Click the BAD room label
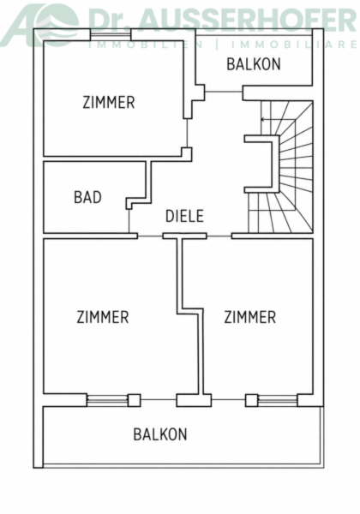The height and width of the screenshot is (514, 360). [x=87, y=197]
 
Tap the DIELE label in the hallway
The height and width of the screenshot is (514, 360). [x=184, y=216]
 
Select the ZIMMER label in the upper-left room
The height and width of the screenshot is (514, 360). [x=109, y=102]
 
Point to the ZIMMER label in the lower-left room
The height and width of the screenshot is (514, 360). [x=103, y=317]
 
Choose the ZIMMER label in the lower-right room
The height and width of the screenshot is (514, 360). [x=249, y=317]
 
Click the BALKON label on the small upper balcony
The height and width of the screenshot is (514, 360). [x=254, y=64]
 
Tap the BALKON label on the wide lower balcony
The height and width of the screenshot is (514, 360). [x=160, y=434]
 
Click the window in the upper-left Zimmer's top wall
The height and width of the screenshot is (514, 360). [x=111, y=34]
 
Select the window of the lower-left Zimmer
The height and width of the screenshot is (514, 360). [x=107, y=400]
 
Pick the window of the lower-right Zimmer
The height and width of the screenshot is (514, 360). [x=278, y=400]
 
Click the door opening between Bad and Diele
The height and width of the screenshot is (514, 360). [x=129, y=221]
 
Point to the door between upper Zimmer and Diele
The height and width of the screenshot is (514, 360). [x=187, y=133]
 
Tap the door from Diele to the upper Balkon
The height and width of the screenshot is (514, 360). [x=224, y=93]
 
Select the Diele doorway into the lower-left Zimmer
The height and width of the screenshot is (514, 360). [x=150, y=236]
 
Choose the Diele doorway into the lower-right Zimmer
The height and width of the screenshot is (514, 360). [x=219, y=236]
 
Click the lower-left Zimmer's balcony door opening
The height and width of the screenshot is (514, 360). [x=159, y=399]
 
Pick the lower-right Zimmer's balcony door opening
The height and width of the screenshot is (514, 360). [x=229, y=399]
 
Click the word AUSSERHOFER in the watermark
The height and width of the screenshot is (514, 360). [x=249, y=21]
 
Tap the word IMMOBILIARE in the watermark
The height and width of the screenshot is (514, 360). [x=294, y=45]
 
